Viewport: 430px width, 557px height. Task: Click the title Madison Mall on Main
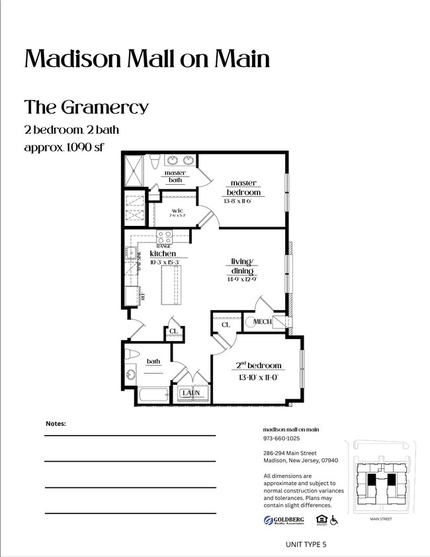(x=147, y=59)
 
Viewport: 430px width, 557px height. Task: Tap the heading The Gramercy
(x=86, y=107)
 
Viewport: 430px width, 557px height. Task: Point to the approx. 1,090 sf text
(x=64, y=147)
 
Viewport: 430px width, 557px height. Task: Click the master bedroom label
(x=243, y=187)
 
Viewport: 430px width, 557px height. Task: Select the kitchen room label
(x=163, y=254)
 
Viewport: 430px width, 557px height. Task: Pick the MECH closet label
(x=262, y=322)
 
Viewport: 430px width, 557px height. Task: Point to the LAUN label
(x=191, y=393)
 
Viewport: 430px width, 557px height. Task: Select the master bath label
(x=175, y=177)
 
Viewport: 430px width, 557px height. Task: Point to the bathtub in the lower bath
(x=156, y=396)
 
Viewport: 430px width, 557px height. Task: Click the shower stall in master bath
(x=134, y=171)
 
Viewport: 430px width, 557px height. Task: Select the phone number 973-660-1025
(x=281, y=438)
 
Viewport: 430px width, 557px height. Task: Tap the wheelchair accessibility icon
(x=334, y=521)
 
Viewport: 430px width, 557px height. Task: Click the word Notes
(x=56, y=423)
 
